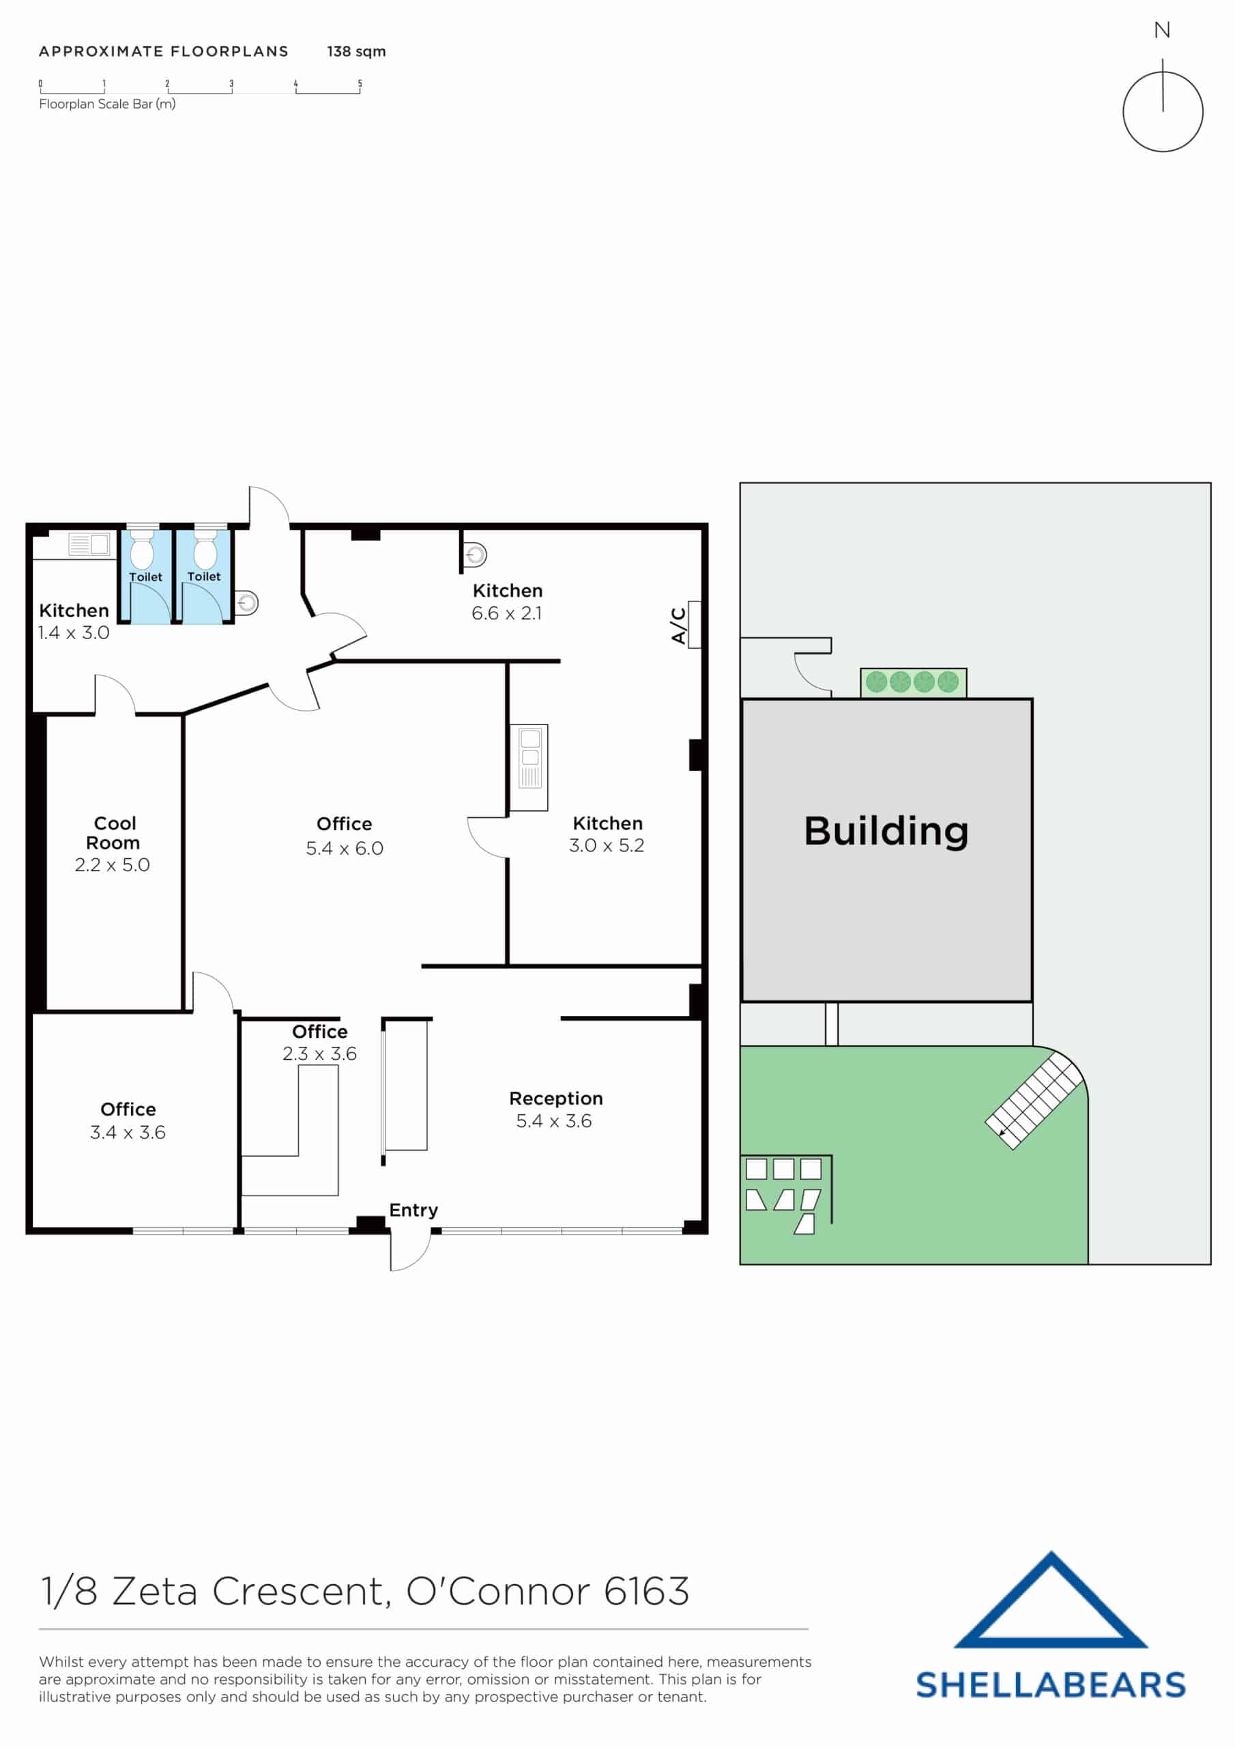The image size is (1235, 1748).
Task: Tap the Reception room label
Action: pos(555,1098)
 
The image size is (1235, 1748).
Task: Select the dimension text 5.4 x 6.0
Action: pos(344,848)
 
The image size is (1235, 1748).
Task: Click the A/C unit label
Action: pos(678,625)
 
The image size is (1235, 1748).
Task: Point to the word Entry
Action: pos(413,1210)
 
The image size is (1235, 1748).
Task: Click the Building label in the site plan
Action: pos(886,830)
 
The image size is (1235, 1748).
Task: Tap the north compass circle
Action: pos(1162,112)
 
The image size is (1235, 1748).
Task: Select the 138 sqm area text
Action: pos(356,52)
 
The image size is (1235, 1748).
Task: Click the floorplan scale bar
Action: pos(199,88)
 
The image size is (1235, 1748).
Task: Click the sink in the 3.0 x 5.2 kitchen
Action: pos(529,766)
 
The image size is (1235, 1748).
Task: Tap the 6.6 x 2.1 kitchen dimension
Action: pos(507,613)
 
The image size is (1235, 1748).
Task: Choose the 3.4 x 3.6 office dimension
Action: pos(128,1132)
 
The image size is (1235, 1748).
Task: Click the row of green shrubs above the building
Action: pos(912,681)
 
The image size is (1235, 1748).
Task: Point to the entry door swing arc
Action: pos(411,1250)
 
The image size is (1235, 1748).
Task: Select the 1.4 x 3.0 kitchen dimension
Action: pos(74,633)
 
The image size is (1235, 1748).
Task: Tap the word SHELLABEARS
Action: pos(1050,1684)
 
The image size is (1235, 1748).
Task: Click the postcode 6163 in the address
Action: pos(646,1591)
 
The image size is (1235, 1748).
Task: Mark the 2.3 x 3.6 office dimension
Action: pos(319,1054)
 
